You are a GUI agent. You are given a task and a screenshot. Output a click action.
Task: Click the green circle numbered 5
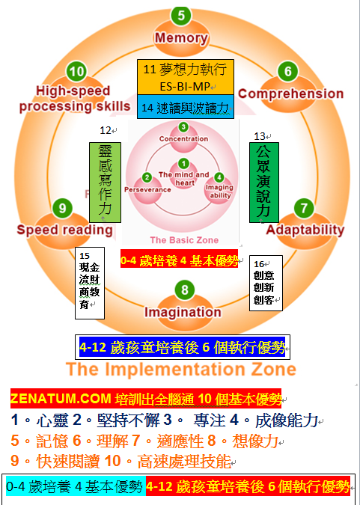(181, 15)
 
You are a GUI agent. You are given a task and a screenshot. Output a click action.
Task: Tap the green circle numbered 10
(76, 71)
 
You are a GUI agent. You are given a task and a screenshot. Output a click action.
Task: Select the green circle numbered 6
(288, 71)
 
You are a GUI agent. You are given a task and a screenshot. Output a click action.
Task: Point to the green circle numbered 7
(304, 208)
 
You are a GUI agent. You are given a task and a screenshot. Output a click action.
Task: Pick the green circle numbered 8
(185, 290)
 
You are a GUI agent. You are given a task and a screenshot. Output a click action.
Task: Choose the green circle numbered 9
(63, 208)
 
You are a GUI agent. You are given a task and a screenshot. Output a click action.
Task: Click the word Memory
(181, 37)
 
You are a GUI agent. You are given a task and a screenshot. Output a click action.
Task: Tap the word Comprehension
(290, 94)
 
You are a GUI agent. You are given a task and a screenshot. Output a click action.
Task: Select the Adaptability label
(305, 230)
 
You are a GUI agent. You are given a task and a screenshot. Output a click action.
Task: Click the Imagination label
(183, 312)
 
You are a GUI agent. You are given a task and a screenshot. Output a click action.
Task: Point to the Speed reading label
(65, 230)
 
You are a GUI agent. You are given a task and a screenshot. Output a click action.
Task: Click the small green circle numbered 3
(183, 127)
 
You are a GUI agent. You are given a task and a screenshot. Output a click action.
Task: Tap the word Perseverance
(147, 190)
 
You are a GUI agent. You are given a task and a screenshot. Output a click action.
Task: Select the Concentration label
(183, 139)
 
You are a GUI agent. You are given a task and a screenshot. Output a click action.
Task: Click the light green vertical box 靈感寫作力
(105, 183)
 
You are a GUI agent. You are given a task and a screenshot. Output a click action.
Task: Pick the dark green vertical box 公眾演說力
(264, 183)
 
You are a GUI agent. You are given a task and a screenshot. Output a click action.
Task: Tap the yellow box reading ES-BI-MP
(186, 77)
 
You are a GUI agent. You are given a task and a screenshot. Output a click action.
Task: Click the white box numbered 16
(266, 283)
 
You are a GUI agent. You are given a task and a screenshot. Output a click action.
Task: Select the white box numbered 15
(90, 283)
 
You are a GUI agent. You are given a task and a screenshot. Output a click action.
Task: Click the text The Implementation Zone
(181, 369)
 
